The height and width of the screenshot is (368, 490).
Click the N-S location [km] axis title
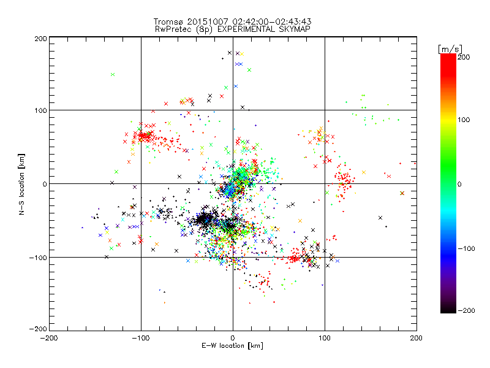coord(22,184)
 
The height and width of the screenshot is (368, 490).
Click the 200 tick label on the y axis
coord(40,38)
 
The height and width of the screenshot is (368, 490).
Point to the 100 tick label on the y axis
coord(40,111)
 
